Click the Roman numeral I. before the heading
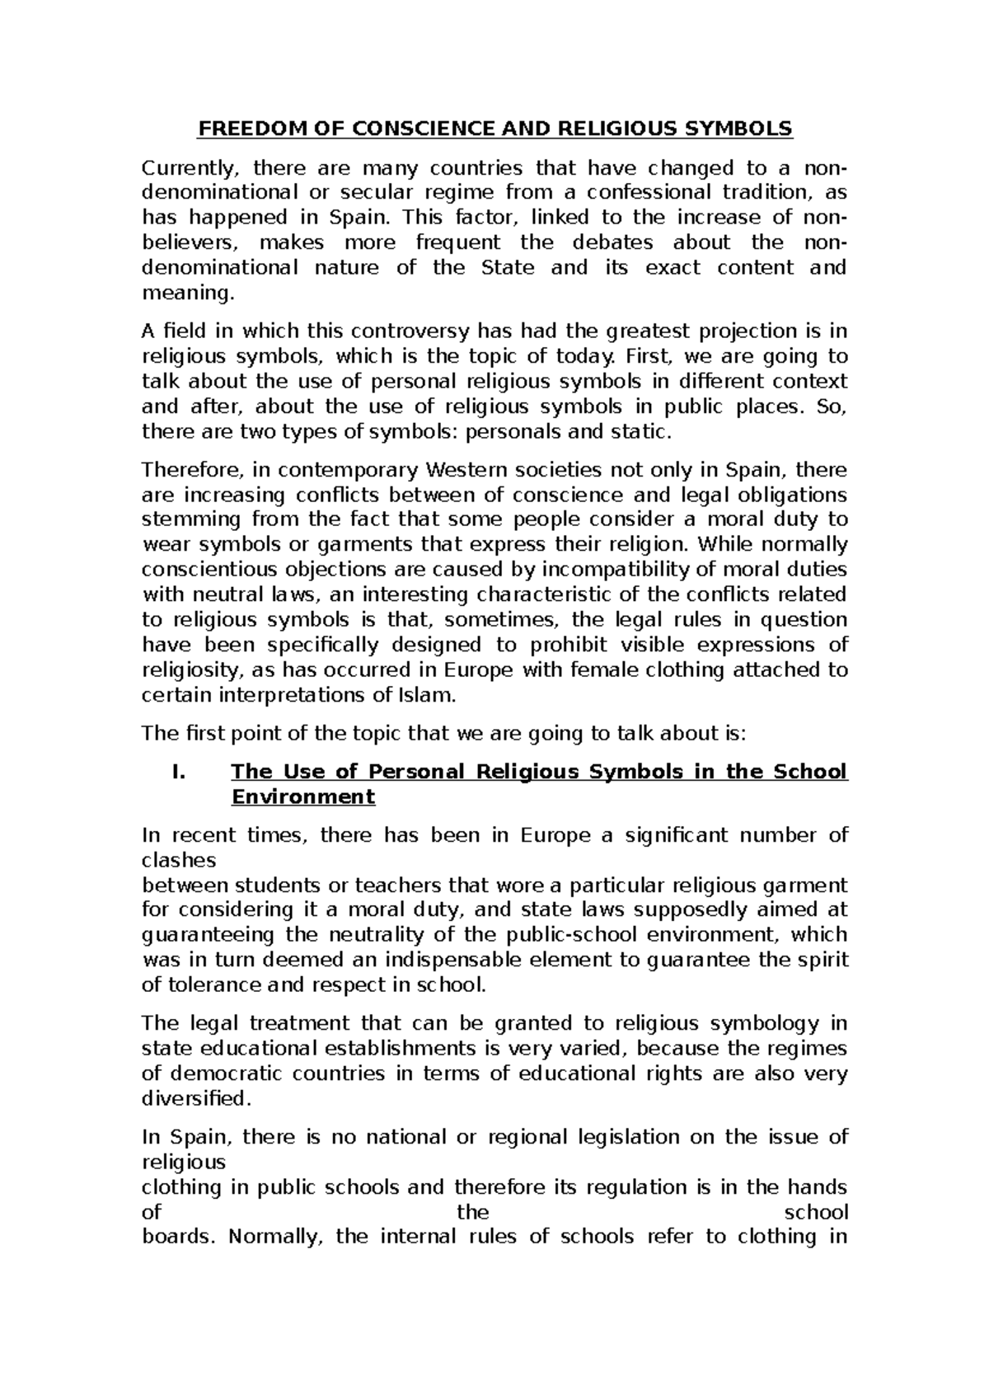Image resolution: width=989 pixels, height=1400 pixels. [175, 772]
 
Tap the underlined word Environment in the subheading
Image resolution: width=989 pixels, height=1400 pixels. [302, 797]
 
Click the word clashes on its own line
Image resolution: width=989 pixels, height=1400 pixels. [179, 861]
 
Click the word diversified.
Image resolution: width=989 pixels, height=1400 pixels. [195, 1099]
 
